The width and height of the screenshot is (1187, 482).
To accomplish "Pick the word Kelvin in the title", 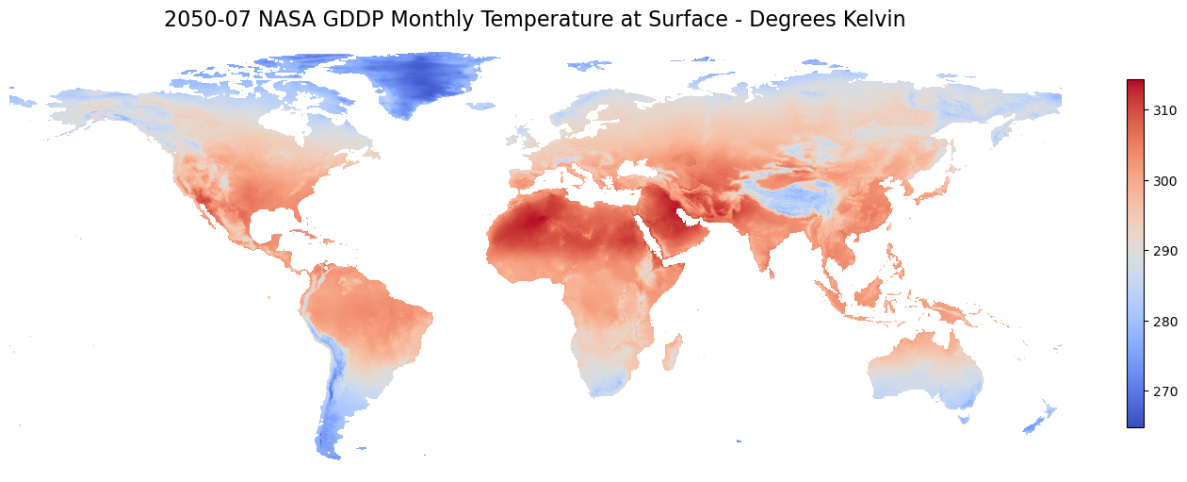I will tap(872, 20).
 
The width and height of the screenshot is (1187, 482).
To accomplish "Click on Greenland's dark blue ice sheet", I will tap(415, 80).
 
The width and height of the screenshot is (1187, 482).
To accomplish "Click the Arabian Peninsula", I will tap(664, 226).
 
